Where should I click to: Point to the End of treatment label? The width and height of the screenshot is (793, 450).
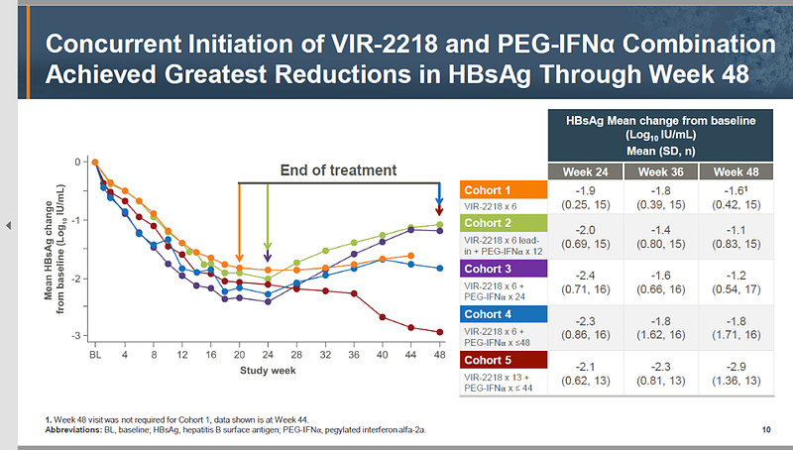click(x=338, y=169)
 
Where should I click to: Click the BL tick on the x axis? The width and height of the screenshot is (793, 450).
click(x=96, y=354)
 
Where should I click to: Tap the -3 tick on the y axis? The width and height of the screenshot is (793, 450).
click(x=79, y=337)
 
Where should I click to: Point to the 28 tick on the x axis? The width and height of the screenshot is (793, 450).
click(x=296, y=354)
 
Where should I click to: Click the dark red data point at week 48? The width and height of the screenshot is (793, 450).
click(x=440, y=332)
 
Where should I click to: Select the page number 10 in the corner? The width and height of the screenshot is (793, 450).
click(x=766, y=429)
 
